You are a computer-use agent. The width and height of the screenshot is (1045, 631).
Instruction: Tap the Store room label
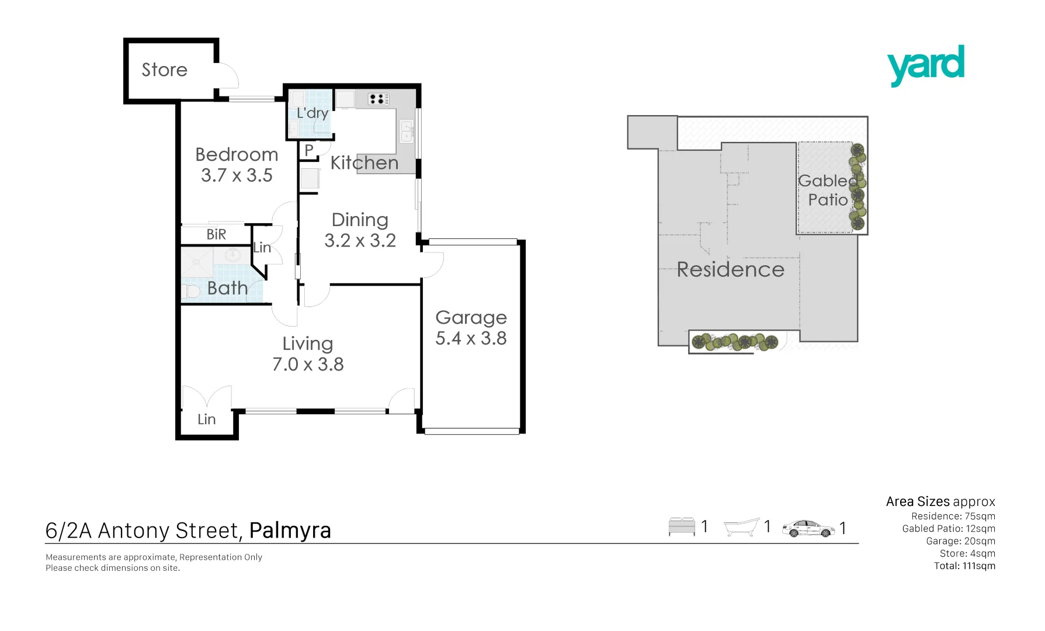click(x=165, y=70)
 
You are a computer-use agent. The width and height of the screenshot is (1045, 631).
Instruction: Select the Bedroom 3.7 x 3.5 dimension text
click(x=237, y=175)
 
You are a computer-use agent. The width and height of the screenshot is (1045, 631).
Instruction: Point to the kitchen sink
click(x=407, y=131)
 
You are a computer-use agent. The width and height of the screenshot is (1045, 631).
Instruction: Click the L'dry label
click(x=312, y=113)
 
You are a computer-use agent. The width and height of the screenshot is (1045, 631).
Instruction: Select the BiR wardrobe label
click(x=216, y=234)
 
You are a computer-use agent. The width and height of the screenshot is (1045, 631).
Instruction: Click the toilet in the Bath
click(x=190, y=290)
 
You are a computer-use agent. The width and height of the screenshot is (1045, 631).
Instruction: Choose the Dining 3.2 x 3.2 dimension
click(x=360, y=241)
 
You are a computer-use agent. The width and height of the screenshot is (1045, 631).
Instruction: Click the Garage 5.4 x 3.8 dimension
click(x=471, y=338)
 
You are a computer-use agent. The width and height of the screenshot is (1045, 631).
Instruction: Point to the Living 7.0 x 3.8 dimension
click(x=308, y=365)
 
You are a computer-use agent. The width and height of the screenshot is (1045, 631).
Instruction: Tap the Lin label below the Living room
click(x=206, y=419)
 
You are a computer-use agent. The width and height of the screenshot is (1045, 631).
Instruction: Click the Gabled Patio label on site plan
click(x=828, y=190)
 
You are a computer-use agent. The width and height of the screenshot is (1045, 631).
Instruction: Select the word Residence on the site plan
click(x=730, y=270)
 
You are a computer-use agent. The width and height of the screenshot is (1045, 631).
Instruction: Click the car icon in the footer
click(x=808, y=528)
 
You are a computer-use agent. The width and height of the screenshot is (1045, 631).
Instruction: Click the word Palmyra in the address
click(x=290, y=531)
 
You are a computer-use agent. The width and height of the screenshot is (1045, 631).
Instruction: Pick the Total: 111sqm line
click(x=964, y=566)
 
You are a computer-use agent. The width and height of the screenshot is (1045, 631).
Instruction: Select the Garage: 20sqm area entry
click(x=960, y=541)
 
